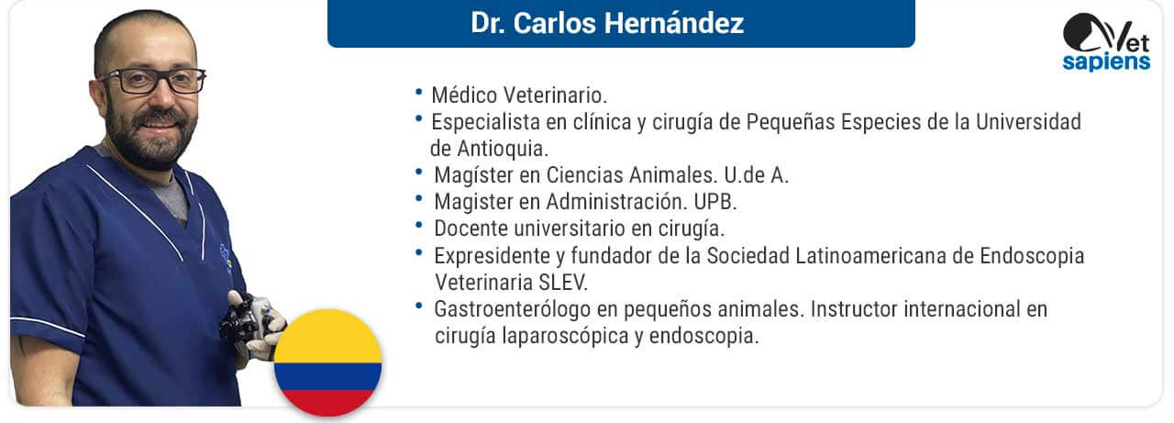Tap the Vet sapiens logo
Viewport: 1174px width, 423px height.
click(x=1106, y=42)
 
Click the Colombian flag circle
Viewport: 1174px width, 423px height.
click(x=328, y=362)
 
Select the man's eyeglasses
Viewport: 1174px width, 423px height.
click(x=152, y=82)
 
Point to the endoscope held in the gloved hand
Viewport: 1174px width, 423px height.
click(x=247, y=319)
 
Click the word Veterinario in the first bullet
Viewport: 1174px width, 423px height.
click(x=555, y=95)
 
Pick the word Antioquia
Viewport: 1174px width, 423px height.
click(x=502, y=149)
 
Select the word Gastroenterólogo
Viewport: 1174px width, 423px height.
click(x=513, y=310)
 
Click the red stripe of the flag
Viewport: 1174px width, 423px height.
click(x=328, y=403)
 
